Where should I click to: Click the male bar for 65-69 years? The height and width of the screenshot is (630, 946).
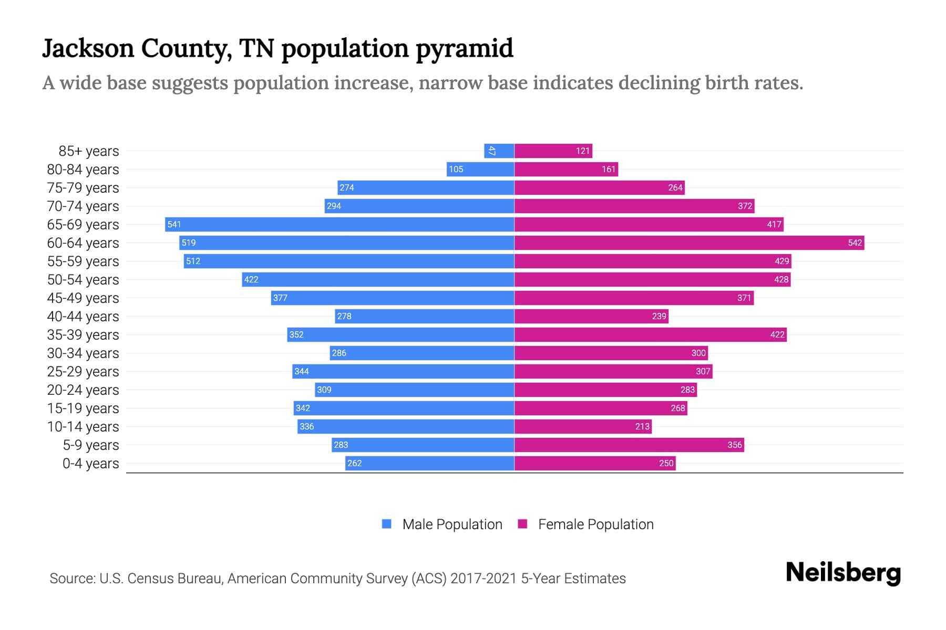click(340, 224)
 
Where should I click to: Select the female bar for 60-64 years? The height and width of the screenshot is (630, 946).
click(689, 243)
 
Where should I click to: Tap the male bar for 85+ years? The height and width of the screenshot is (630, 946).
click(499, 151)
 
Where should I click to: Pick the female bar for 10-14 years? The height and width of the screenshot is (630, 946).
click(583, 426)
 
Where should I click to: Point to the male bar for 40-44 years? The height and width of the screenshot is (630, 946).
click(425, 316)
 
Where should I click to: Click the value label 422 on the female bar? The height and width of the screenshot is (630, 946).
click(777, 334)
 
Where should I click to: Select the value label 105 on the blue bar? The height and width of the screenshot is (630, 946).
click(456, 169)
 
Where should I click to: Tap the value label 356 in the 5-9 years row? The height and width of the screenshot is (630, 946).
click(734, 445)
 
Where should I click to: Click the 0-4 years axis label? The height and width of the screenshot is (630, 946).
click(90, 464)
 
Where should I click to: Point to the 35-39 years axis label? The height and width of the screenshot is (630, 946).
click(83, 335)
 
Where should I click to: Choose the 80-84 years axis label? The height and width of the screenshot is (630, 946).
click(83, 170)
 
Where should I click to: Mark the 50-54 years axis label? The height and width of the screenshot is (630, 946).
click(83, 280)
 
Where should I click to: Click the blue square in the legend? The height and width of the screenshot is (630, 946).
click(387, 524)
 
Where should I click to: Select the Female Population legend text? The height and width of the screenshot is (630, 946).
click(595, 524)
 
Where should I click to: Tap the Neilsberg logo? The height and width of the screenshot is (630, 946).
click(843, 573)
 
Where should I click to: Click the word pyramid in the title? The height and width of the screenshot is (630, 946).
click(465, 48)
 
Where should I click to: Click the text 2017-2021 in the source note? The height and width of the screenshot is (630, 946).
click(483, 579)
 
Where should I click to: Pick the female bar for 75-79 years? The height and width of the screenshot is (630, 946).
click(599, 187)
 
